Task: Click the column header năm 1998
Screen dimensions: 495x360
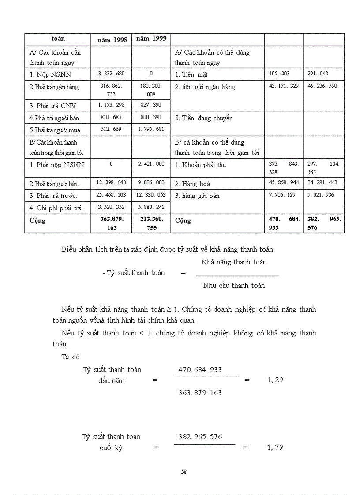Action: tap(112, 40)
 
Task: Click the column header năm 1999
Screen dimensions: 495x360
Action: tap(151, 38)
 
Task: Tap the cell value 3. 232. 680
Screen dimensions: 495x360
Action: tap(111, 74)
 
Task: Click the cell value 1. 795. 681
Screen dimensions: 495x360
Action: tap(151, 129)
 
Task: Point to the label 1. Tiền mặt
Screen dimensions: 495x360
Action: tap(191, 74)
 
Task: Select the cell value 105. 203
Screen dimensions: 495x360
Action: tap(279, 74)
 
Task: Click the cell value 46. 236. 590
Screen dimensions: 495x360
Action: tap(322, 86)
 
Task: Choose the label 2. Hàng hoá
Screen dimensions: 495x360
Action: tap(193, 184)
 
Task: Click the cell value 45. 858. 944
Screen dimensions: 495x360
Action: tap(283, 182)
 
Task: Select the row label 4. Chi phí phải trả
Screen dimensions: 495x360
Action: tap(56, 208)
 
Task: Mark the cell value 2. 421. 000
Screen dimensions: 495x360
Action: tap(151, 164)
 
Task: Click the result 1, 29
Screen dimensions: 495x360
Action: tap(275, 380)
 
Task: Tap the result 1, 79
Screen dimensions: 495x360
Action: tap(275, 447)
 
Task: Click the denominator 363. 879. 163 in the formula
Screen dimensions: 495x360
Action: tap(200, 392)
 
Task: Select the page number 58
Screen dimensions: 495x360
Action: tap(184, 472)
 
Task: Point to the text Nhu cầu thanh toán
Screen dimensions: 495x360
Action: tap(234, 286)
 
